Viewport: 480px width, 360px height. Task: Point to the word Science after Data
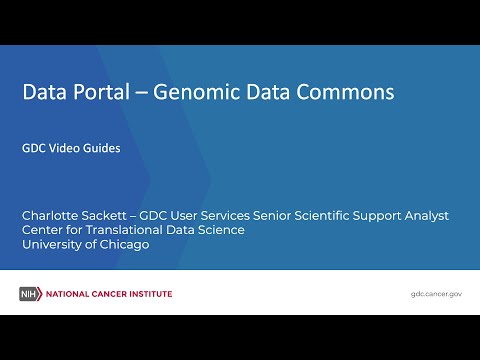(221, 230)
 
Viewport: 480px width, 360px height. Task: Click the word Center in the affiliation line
(44, 230)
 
